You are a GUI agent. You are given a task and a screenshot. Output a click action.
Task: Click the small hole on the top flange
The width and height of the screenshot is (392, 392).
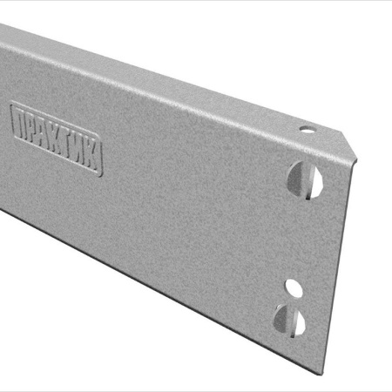click(x=306, y=129)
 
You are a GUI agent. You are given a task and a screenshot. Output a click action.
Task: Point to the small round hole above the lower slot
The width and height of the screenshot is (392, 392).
click(x=294, y=287)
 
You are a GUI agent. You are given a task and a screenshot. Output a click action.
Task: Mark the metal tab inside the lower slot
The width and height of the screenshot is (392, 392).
click(x=284, y=321)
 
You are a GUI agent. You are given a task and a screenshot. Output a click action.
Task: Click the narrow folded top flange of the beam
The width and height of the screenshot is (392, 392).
click(x=174, y=83)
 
